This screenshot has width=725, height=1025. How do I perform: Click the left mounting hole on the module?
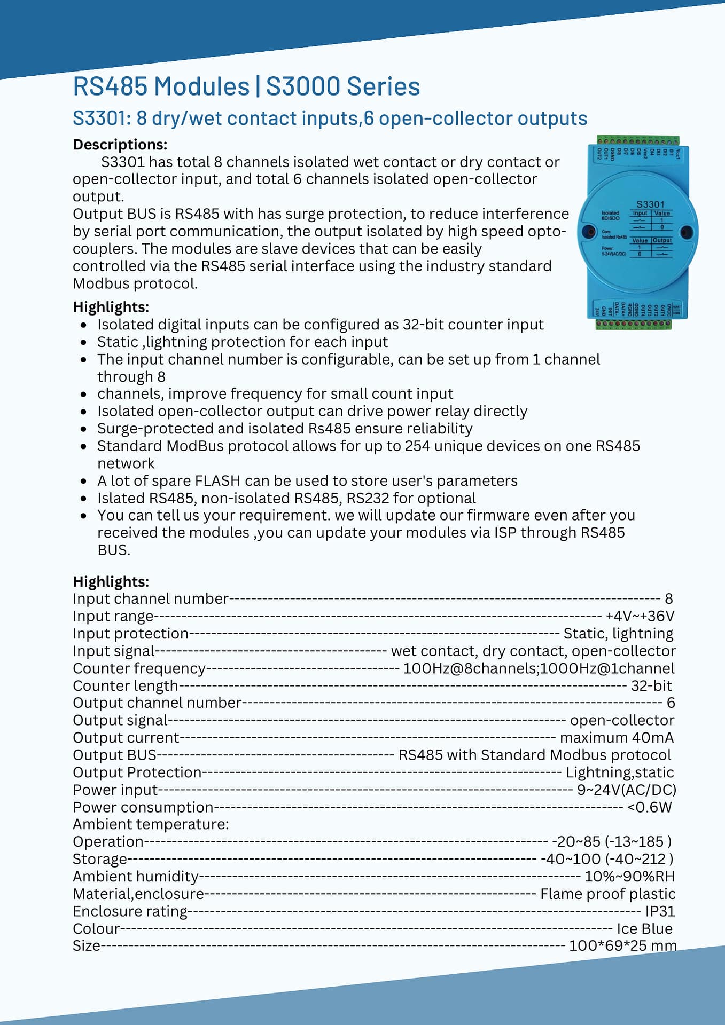click(590, 232)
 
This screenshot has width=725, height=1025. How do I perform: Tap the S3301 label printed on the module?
click(650, 204)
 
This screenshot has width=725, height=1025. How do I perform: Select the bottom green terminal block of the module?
click(633, 324)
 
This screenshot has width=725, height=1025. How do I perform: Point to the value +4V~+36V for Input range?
click(640, 616)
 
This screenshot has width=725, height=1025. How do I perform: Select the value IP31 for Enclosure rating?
click(660, 911)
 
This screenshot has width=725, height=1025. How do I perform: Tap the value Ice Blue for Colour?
click(644, 928)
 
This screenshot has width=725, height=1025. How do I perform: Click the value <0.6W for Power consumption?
click(649, 807)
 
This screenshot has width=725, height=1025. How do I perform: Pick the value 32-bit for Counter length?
click(651, 685)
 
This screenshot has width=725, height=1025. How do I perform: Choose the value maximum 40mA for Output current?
click(616, 737)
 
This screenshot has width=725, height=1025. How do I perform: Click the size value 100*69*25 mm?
click(622, 945)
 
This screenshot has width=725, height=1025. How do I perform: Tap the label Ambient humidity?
click(136, 876)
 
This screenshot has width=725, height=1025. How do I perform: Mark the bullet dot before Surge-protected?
click(83, 429)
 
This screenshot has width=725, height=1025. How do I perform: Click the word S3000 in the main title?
click(302, 86)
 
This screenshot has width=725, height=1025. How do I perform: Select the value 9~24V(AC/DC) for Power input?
click(626, 790)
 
